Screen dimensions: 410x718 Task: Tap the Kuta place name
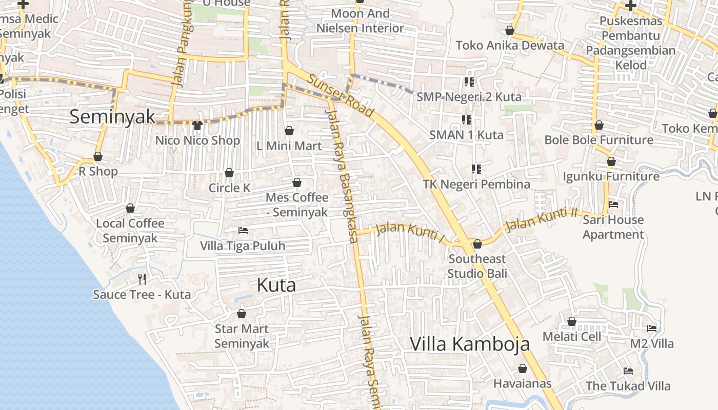coord(276,285)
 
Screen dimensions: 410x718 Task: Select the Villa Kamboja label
coord(469,344)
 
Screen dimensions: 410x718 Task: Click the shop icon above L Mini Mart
coord(289,131)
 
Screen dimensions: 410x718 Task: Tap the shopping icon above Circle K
coord(229,173)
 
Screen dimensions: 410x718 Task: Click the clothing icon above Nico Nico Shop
coord(197,125)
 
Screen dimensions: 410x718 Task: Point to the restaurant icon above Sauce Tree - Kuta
coord(142,279)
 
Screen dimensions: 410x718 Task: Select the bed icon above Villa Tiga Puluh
coord(243,231)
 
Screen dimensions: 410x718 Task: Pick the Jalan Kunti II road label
coord(542,219)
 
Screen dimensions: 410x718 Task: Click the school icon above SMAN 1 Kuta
coord(467,120)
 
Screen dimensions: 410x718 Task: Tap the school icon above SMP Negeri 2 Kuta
coord(469,81)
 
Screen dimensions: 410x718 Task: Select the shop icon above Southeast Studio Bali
coord(477,244)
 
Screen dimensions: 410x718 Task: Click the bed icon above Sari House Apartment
coord(613,204)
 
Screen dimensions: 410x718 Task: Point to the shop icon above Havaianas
coord(523,368)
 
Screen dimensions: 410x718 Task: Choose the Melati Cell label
coord(571,337)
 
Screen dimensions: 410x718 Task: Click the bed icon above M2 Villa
coord(652,328)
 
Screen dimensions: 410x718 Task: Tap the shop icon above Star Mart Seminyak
coord(242,314)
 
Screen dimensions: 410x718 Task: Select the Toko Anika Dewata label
coord(510,45)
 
